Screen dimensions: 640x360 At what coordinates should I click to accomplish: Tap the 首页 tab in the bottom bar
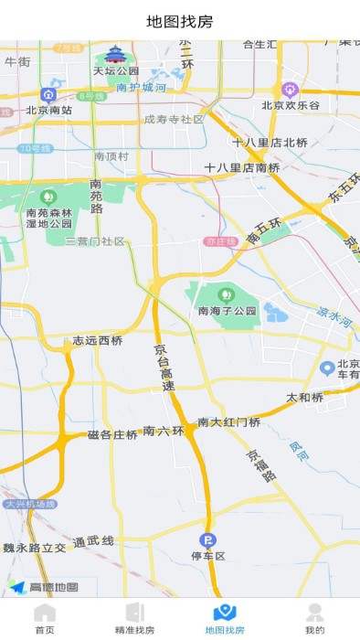coord(45,618)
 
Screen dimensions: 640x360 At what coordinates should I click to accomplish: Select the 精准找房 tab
coord(134,618)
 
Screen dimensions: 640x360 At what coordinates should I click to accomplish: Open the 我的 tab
coord(314,618)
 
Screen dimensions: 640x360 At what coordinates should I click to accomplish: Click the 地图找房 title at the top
coord(180,21)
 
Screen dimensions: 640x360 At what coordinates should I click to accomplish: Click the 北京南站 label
coord(49,110)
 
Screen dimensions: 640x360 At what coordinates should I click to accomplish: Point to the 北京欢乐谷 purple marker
coord(291,90)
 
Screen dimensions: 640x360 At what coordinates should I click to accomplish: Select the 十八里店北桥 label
coord(270,142)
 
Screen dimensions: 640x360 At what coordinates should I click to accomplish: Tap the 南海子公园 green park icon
coord(226,294)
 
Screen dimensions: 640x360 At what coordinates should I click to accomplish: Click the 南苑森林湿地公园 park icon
coord(48,197)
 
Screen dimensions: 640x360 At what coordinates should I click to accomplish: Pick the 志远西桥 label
coord(98,341)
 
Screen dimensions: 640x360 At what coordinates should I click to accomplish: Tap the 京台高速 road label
coord(162,368)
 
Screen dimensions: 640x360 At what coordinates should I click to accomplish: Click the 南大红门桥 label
coord(229,422)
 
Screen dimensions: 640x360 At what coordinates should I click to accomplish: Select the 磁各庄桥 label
coord(112,434)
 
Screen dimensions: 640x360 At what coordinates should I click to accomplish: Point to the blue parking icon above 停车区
coord(207,539)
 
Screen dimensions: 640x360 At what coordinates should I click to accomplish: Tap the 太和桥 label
coord(305,398)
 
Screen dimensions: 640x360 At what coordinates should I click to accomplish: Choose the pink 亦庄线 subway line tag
coord(220,241)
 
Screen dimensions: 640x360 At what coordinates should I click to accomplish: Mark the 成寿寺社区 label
coord(174,119)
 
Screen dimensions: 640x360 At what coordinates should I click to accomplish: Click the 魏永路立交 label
coord(35,548)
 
